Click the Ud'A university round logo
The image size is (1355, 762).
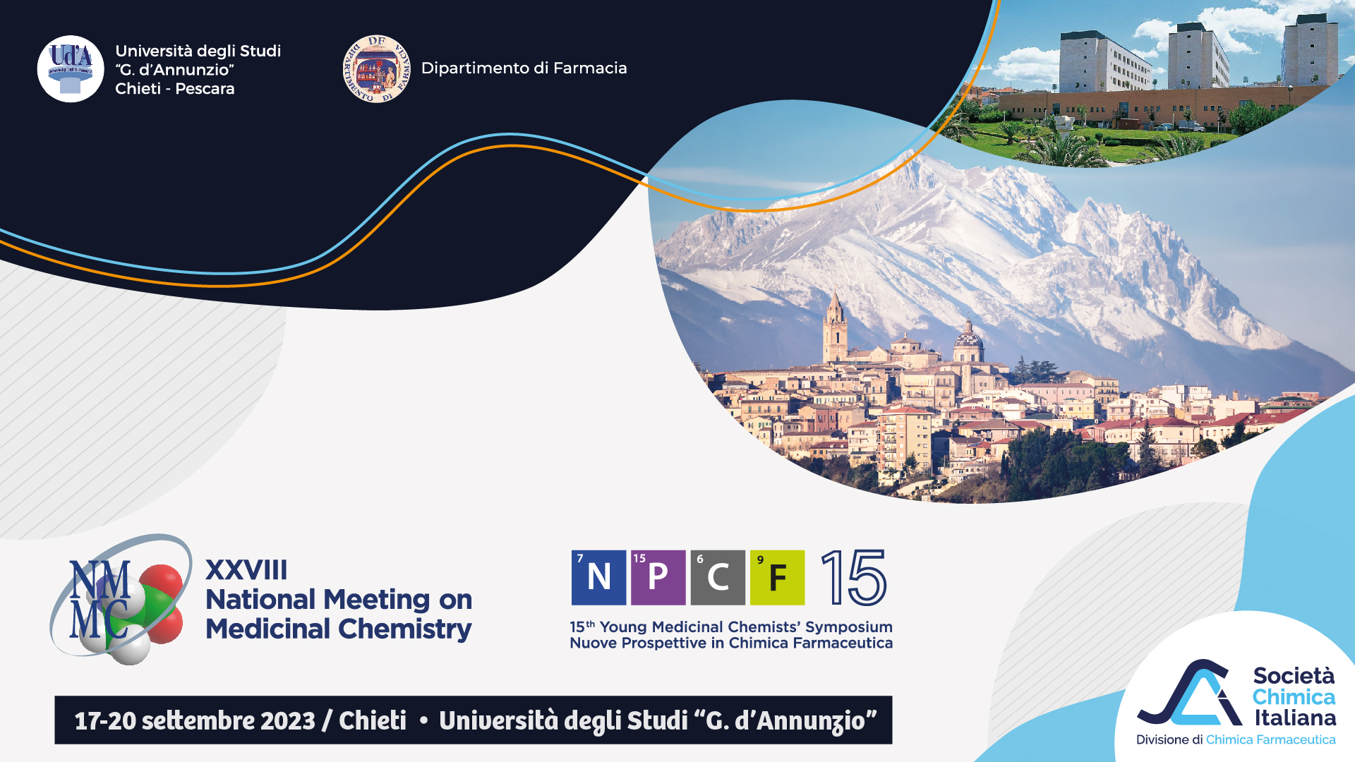pyautogui.click(x=71, y=69)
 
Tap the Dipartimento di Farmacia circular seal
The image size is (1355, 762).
pyautogui.click(x=376, y=68)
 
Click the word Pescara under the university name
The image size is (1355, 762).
pyautogui.click(x=205, y=88)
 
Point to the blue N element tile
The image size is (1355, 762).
pyautogui.click(x=598, y=577)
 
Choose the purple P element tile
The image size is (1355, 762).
pyautogui.click(x=658, y=577)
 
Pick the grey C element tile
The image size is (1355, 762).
pyautogui.click(x=718, y=577)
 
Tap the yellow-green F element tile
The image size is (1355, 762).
pyautogui.click(x=777, y=577)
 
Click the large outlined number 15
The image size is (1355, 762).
pyautogui.click(x=854, y=578)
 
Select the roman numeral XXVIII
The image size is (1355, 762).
pyautogui.click(x=246, y=570)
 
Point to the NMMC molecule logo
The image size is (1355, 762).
pyautogui.click(x=120, y=599)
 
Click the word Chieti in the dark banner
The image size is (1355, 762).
pyautogui.click(x=373, y=720)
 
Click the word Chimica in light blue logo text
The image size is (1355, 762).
pyautogui.click(x=1294, y=697)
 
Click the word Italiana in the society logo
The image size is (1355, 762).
pyautogui.click(x=1295, y=718)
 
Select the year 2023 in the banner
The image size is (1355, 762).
pyautogui.click(x=288, y=720)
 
